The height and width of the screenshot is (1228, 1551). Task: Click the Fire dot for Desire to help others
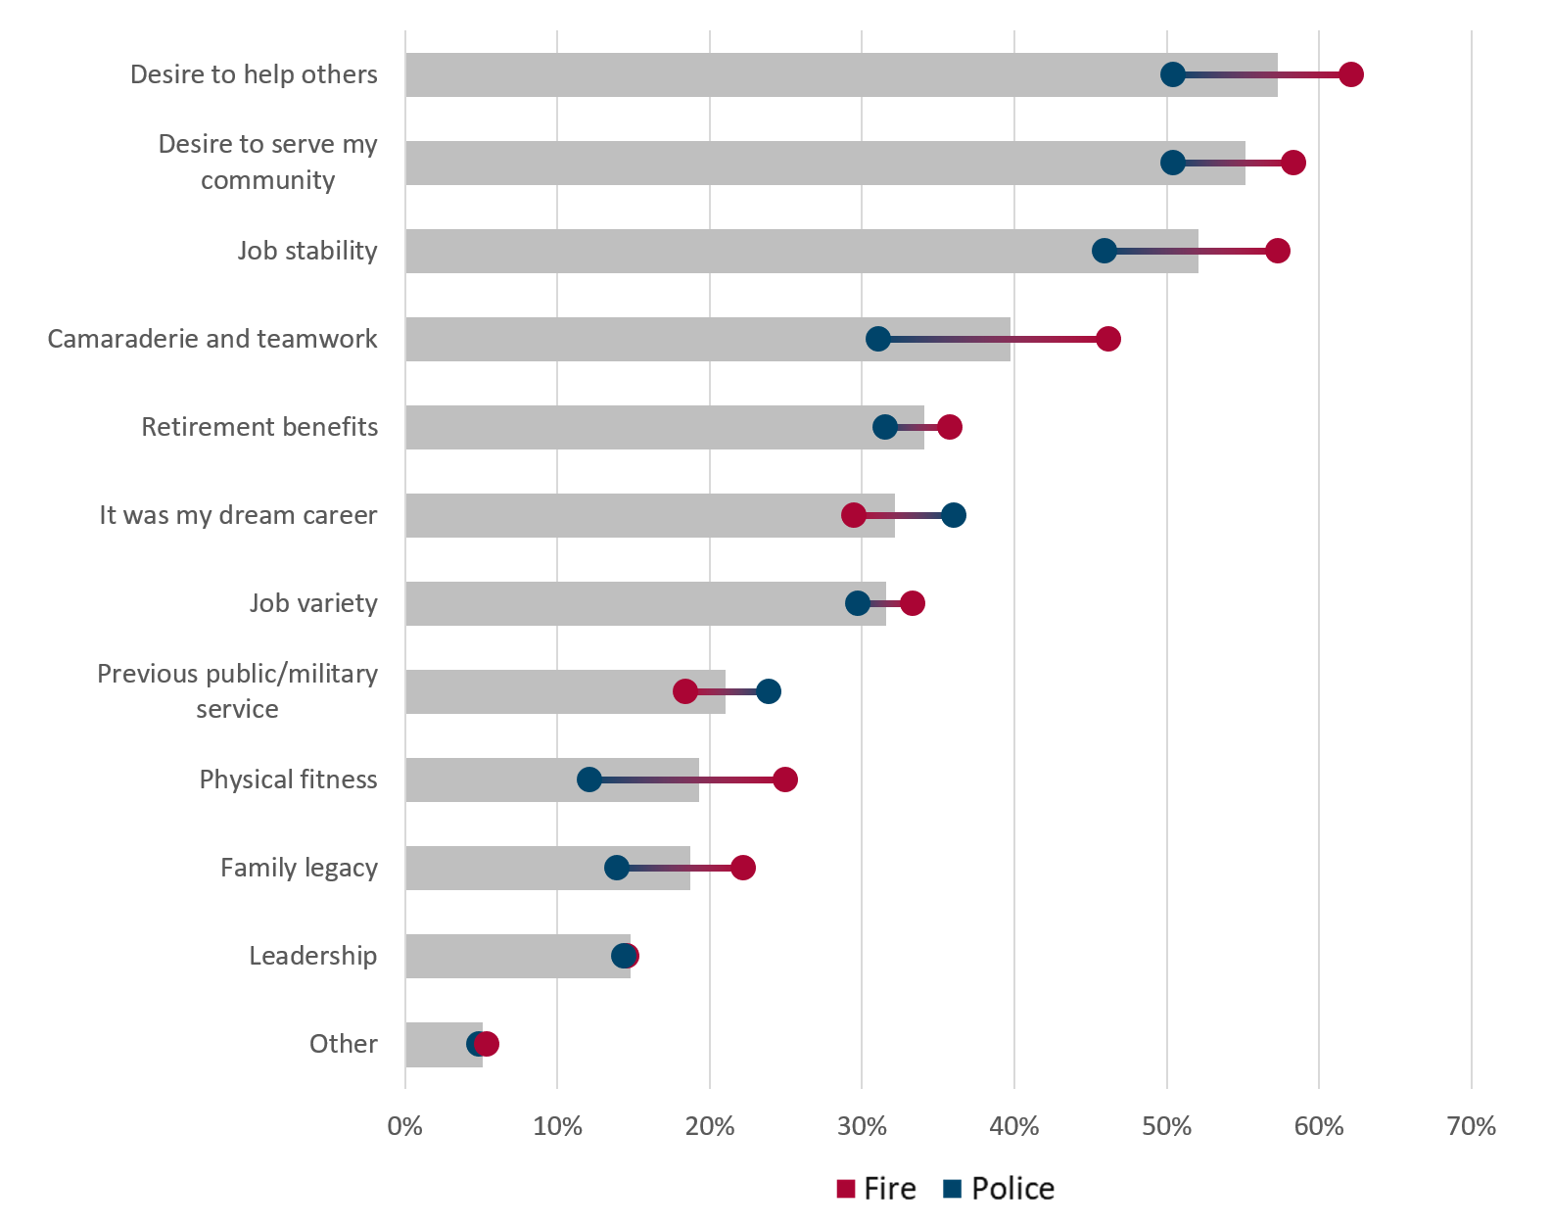(1351, 74)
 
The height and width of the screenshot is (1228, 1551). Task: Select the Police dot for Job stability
(1104, 251)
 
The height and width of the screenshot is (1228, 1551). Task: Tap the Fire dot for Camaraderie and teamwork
(1108, 339)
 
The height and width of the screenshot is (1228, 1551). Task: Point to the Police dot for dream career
(954, 515)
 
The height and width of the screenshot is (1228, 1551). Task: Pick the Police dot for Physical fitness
(589, 779)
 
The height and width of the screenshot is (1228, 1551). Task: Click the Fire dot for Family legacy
(743, 868)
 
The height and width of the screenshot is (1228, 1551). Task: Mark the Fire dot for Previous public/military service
(685, 691)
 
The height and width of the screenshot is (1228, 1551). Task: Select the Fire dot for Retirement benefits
(950, 427)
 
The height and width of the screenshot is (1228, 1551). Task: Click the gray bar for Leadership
(509, 956)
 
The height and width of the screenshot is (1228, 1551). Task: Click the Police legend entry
(999, 1189)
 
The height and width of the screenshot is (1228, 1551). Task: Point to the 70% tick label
(1471, 1126)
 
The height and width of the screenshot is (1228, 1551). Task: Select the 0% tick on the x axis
(405, 1126)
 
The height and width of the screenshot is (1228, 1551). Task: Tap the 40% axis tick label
(1014, 1126)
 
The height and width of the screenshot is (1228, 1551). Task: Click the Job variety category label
(313, 603)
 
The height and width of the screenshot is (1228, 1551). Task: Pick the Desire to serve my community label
(268, 162)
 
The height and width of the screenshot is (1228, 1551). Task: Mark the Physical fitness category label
(288, 779)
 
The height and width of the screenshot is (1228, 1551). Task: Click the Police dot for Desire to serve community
(1172, 163)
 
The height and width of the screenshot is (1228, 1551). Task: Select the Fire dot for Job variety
(913, 603)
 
